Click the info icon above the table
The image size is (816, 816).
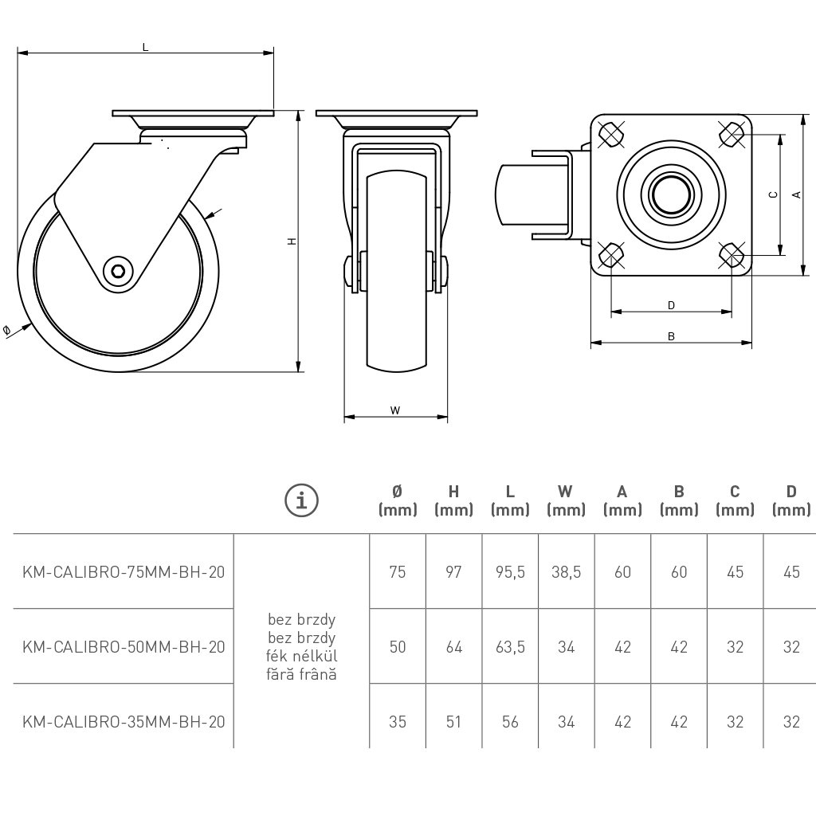click(302, 500)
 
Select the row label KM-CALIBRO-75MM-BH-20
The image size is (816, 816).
click(124, 571)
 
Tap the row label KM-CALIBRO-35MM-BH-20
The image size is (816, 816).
click(124, 722)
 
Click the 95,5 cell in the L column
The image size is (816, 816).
click(510, 571)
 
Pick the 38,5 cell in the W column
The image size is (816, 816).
click(567, 571)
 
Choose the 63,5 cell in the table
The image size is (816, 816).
click(510, 646)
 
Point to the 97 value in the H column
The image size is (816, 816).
click(453, 571)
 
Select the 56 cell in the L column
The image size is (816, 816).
click(510, 722)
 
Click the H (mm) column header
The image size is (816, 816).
click(453, 500)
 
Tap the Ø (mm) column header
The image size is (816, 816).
click(398, 500)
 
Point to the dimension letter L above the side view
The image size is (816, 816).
click(145, 47)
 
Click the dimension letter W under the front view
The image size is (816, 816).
click(395, 410)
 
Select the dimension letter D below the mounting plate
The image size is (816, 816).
click(671, 305)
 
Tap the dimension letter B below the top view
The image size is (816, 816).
click(671, 337)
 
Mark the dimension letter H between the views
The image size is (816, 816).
click(292, 240)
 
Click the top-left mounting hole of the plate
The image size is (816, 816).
click(610, 135)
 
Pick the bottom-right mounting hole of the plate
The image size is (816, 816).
click(732, 254)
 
